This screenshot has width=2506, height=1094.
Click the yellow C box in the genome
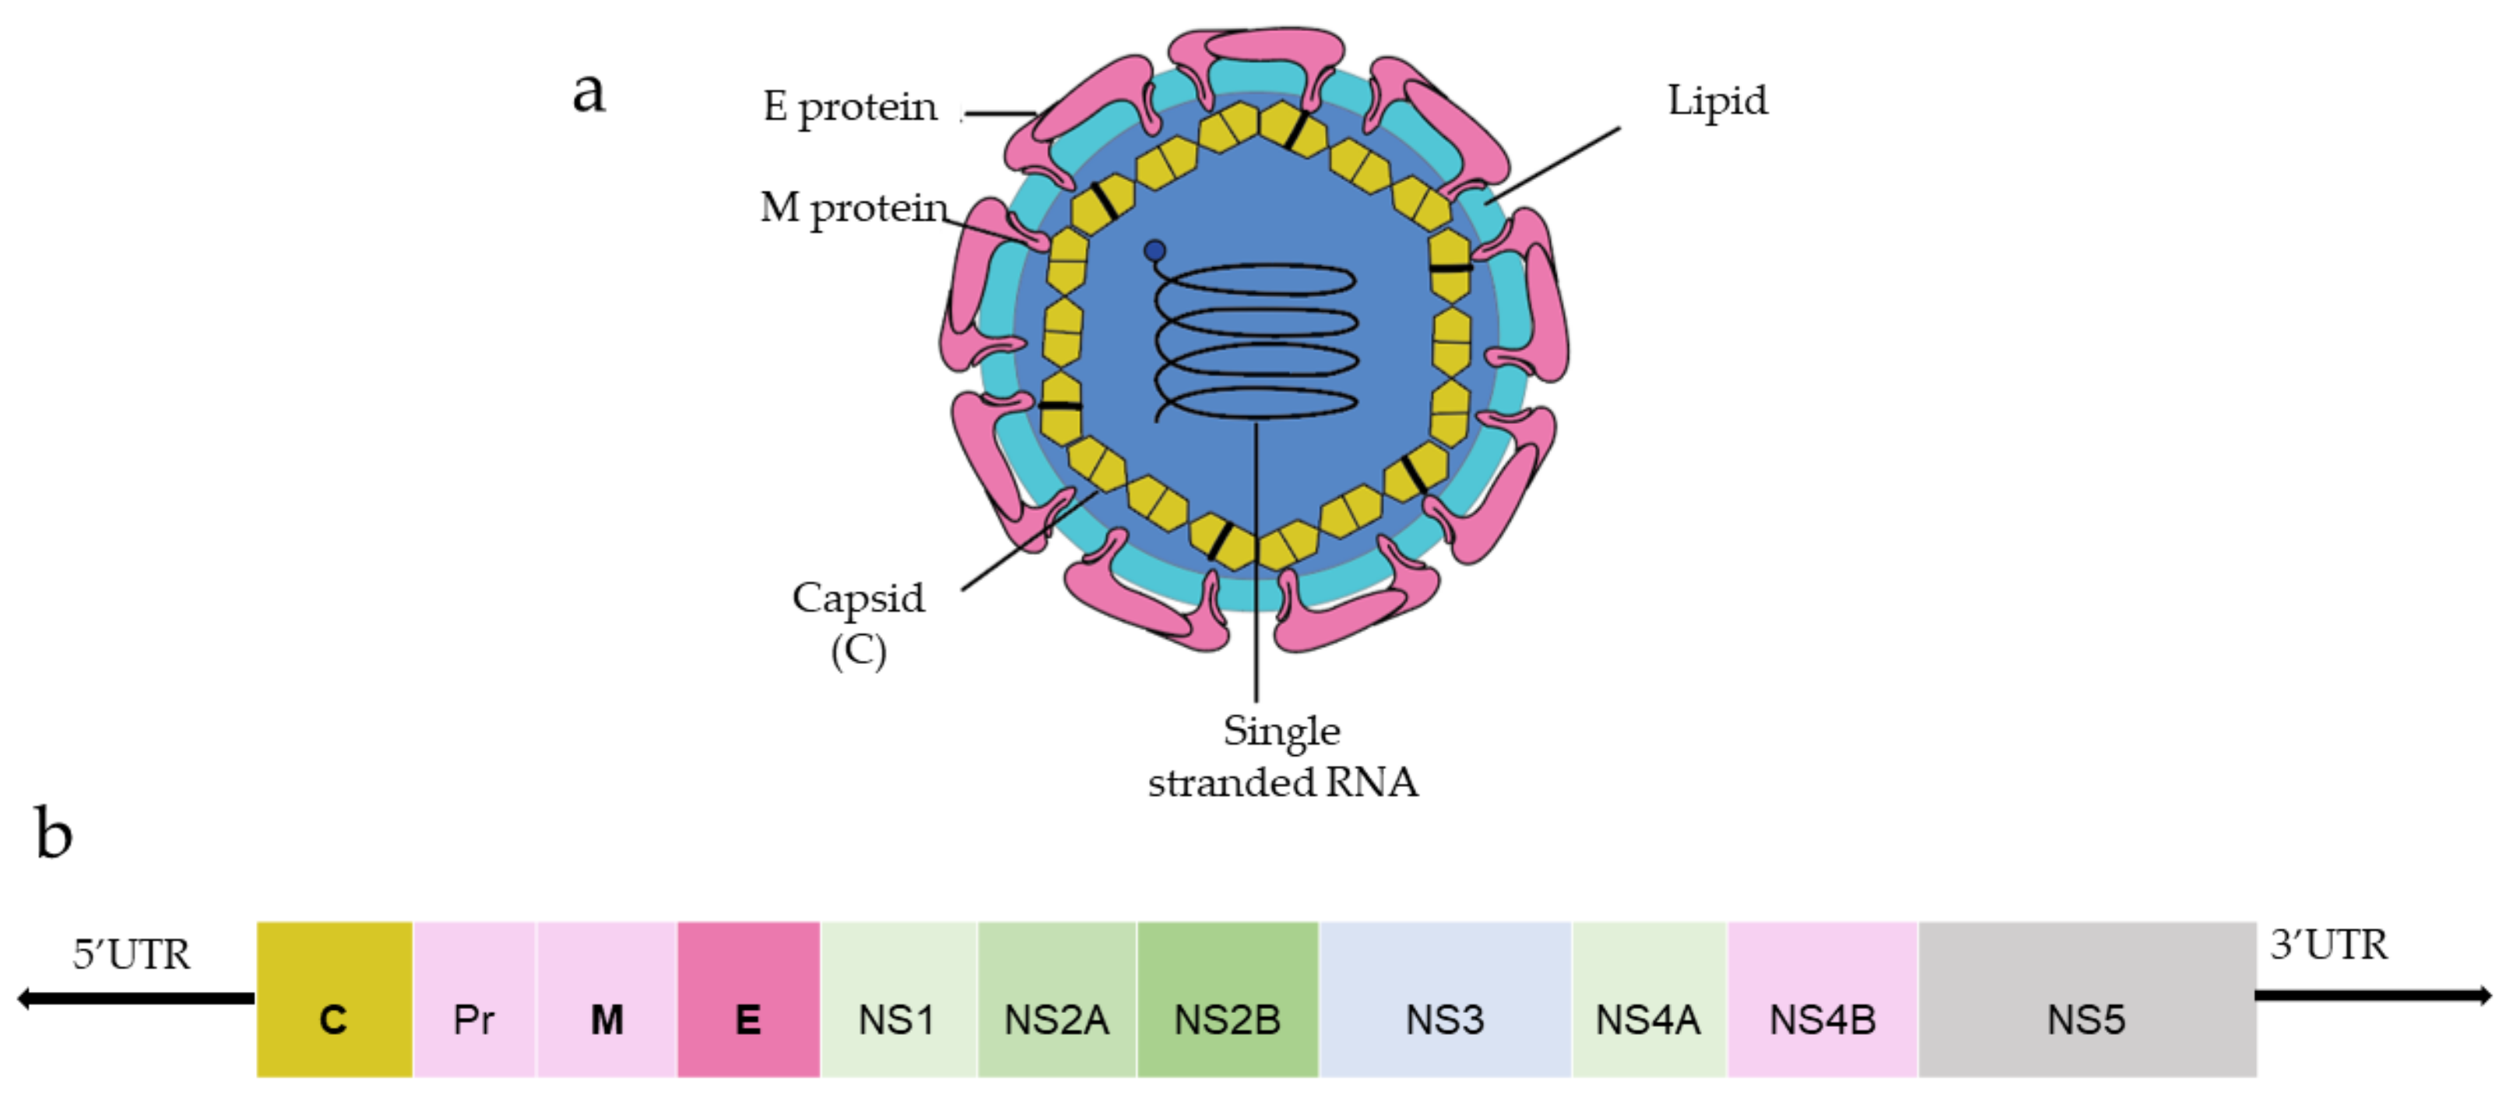pos(334,1000)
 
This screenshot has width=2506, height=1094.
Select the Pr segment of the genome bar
pos(474,1000)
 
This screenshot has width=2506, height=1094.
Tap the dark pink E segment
pos(748,1000)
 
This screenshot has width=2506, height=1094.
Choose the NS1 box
pos(898,1000)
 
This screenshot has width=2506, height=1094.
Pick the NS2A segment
pos(1056,1000)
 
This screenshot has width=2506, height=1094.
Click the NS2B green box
pos(1227,1000)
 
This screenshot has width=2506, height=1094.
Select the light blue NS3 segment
pos(1445,1000)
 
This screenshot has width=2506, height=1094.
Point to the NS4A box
pos(1648,1000)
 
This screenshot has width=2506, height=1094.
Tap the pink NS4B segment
pos(1822,1000)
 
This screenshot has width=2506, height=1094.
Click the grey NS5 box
pos(2086,1000)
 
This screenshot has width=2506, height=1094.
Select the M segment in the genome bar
pos(607,1000)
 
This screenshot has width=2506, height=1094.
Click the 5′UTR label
pos(132,955)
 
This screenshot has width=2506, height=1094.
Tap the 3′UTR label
pos(2328,945)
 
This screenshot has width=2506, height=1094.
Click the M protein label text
pos(853,208)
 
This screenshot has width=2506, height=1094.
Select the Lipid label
pos(1717,101)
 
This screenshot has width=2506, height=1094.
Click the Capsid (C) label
pos(858,623)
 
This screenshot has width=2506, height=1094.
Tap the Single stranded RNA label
pos(1282,757)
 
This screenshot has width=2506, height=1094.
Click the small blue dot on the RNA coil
pos(1155,251)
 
